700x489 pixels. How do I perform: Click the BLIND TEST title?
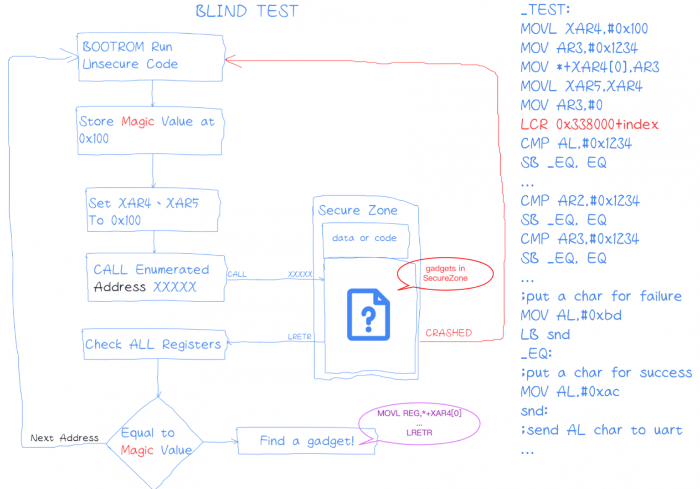[247, 11]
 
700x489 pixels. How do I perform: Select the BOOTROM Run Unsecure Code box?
[151, 57]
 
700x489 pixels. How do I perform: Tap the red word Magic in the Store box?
[138, 122]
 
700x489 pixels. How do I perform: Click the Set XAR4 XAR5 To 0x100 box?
[153, 211]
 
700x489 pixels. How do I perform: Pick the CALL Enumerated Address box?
[156, 278]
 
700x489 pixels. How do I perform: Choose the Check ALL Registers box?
[154, 344]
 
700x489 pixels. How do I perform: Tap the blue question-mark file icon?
[368, 315]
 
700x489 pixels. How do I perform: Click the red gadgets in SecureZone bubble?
[445, 274]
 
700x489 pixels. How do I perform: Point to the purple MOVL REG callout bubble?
[419, 423]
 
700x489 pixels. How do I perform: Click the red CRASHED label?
[448, 333]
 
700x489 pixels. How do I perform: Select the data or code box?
[365, 239]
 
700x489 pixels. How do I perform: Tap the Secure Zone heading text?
[358, 210]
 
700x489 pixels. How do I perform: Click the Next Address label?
[64, 438]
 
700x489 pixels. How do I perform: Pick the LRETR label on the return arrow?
[299, 336]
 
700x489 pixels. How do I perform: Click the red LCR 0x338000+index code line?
[589, 124]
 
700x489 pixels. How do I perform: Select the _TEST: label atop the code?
[546, 10]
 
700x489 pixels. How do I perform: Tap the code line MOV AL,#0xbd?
[571, 315]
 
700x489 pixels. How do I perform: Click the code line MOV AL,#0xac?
[570, 392]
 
